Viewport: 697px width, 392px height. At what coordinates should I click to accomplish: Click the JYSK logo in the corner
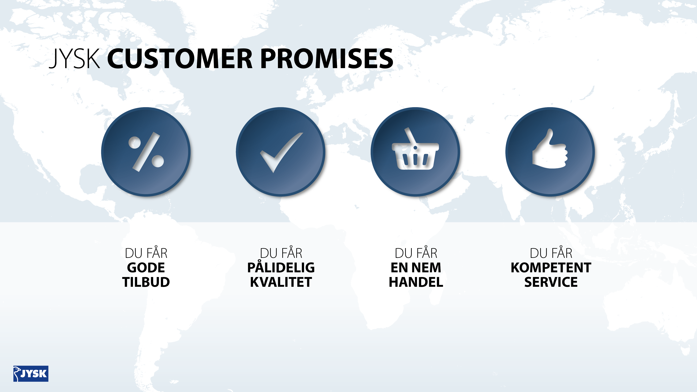(x=31, y=374)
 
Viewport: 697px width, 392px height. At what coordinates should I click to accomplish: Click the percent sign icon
(x=146, y=152)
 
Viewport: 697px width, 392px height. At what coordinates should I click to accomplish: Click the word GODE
(x=146, y=268)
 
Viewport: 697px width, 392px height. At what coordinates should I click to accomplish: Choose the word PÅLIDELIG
(x=281, y=267)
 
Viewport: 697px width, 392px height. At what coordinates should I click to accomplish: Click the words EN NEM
(x=416, y=268)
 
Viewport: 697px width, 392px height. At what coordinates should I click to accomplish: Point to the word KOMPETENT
(x=551, y=268)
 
